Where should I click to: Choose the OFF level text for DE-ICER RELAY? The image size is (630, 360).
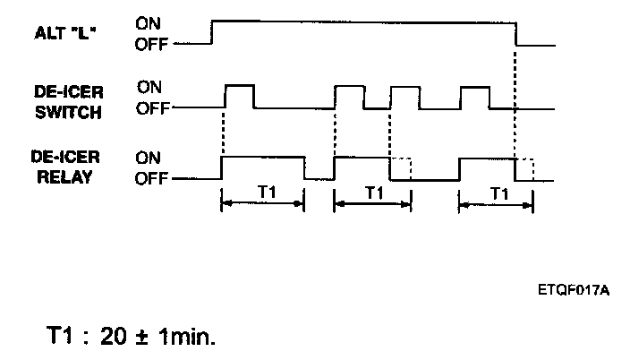(x=151, y=177)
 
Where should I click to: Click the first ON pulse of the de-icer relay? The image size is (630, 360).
(x=262, y=167)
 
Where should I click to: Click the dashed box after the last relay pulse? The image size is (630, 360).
(x=526, y=168)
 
